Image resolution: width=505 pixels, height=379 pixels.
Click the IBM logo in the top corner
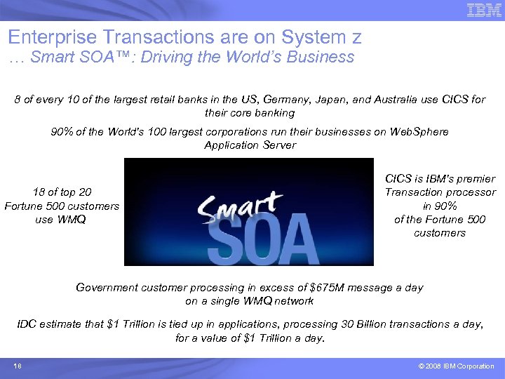coord(484,11)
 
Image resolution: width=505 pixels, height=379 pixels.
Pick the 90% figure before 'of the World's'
coord(62,132)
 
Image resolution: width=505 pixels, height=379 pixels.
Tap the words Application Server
coord(250,145)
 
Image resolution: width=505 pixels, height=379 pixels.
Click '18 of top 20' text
coord(62,192)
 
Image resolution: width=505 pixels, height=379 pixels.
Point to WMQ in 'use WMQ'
coord(72,220)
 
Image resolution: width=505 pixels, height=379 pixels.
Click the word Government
coord(107,287)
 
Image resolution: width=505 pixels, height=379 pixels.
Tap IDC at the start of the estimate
coord(27,324)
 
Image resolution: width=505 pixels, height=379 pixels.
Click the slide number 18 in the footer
coord(18,366)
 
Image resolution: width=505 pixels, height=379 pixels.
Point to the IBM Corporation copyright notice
coord(456,366)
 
